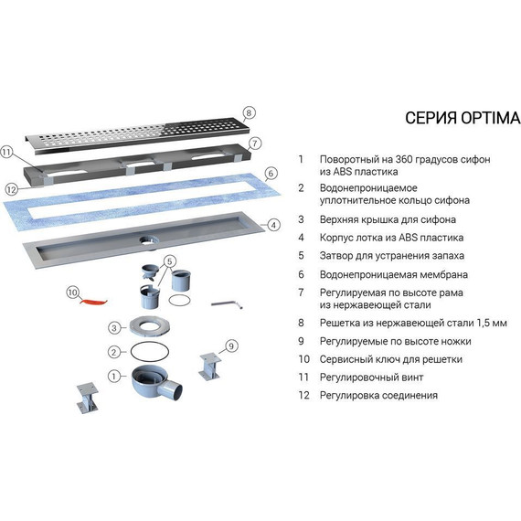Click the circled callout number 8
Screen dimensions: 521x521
249,113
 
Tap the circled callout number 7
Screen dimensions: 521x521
256,144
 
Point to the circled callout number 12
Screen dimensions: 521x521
11,188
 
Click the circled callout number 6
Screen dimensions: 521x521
271,173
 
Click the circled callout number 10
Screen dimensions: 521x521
73,292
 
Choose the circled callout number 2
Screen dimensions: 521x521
113,352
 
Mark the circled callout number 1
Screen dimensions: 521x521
113,376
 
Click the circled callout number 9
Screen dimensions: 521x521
230,346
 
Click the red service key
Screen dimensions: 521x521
94,299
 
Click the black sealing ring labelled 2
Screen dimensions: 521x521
147,353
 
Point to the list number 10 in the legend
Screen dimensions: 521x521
303,359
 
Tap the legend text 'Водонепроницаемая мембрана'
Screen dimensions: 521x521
393,273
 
